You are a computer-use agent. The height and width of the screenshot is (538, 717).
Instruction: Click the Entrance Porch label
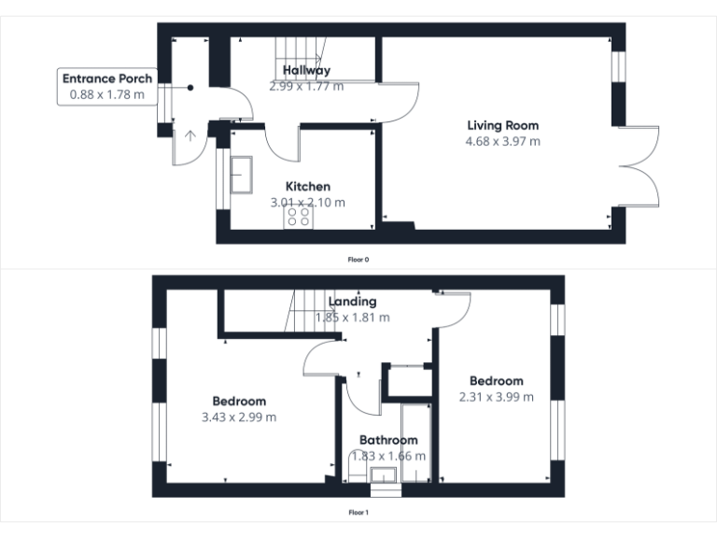(106, 78)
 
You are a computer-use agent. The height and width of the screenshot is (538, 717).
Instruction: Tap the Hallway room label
(306, 70)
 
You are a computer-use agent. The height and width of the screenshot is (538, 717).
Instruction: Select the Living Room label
(502, 125)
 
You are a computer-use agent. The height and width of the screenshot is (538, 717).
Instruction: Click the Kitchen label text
(307, 187)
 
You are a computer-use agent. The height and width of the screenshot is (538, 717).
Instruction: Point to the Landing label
(353, 301)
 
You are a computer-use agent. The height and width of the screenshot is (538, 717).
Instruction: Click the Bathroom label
(388, 440)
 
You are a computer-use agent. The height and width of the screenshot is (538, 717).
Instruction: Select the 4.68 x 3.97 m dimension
(502, 142)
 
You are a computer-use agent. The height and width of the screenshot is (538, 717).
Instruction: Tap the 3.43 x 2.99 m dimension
(239, 418)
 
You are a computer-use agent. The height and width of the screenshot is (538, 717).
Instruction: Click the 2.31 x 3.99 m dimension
(496, 397)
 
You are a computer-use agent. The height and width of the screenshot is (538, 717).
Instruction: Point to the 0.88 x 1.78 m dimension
(106, 94)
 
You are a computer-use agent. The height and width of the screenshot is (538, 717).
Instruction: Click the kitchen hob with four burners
(300, 217)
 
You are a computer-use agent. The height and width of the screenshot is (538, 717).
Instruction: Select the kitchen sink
(245, 175)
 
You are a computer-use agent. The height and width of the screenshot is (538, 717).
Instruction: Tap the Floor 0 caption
(358, 259)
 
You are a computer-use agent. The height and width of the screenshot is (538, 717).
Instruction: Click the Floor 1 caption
(358, 513)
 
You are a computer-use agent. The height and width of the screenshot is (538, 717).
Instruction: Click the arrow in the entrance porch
(190, 136)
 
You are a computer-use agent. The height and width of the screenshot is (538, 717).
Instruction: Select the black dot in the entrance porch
(190, 88)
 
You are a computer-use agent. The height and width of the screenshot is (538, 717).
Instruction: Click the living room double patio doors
(640, 166)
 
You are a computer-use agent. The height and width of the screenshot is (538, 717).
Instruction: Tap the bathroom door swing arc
(362, 397)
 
